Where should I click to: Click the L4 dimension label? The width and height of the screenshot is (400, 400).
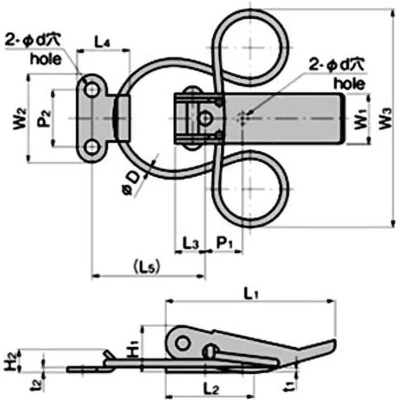point(102,42)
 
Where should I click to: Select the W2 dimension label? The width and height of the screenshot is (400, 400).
point(19,118)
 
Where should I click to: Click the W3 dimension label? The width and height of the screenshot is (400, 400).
point(385,118)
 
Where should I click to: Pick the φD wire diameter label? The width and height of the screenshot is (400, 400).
point(131,183)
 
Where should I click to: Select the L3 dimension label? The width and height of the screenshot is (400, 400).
point(190,243)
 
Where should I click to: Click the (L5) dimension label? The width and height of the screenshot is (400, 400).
point(147,267)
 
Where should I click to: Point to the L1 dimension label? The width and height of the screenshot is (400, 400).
point(251,294)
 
